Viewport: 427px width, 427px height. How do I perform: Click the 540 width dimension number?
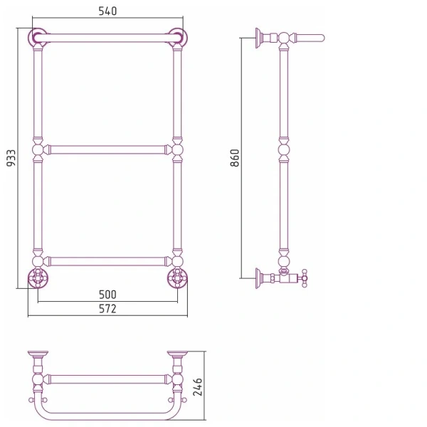coord(107,11)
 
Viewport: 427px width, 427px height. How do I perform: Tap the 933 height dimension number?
coord(11,158)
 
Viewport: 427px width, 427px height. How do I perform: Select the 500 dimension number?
coord(107,295)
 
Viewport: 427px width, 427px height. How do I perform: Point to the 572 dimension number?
coord(107,309)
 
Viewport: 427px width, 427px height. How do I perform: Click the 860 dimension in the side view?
coord(234,158)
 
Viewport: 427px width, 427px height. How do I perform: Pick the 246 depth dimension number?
coord(197,386)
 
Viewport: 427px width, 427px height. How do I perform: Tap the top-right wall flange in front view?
coord(178,36)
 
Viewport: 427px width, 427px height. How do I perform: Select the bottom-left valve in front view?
coord(38,278)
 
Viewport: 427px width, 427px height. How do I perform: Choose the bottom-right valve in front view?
coord(177,278)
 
